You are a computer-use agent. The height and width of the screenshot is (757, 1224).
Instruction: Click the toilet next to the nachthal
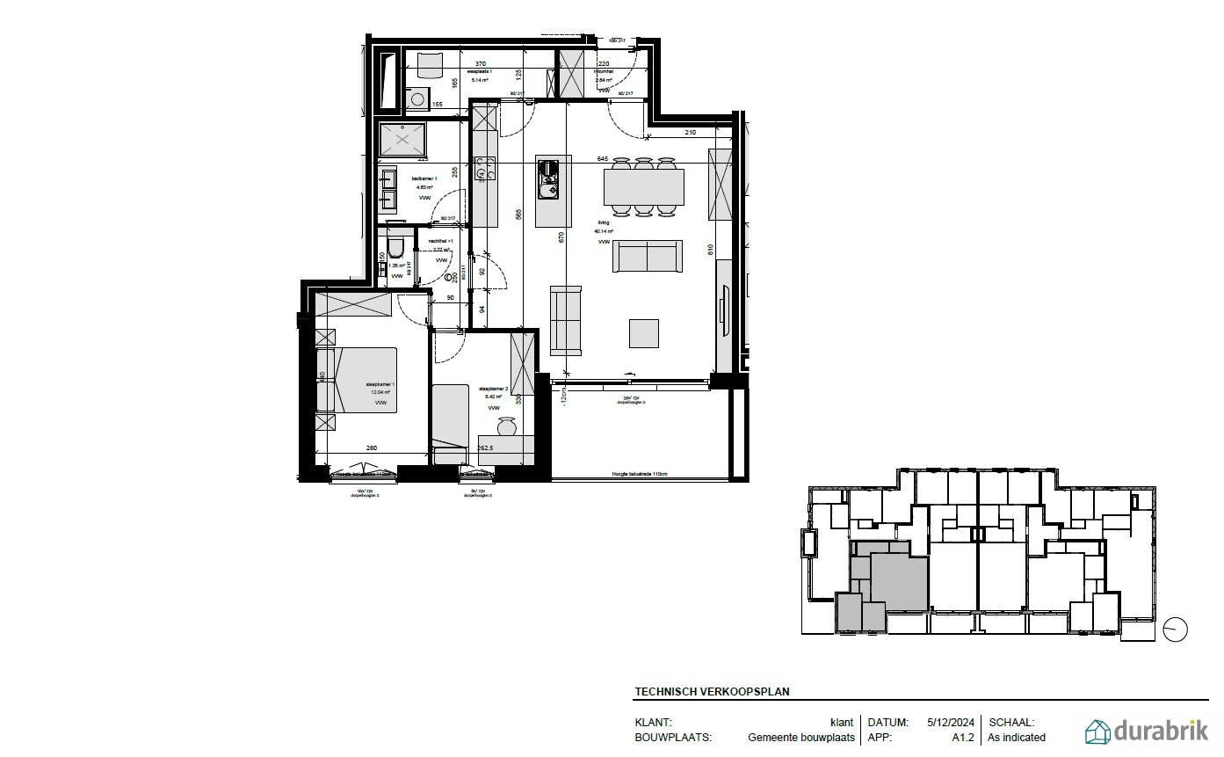coord(395,247)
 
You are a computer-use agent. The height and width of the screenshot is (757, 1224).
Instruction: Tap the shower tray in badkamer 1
coord(403,138)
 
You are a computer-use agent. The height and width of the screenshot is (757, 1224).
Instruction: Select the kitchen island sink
coord(551,187)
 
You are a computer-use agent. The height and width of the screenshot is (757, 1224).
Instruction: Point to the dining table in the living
coord(644,186)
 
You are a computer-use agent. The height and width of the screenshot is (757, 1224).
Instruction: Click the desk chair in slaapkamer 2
coord(506,427)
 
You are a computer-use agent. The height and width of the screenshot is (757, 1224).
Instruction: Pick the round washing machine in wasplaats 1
coord(419,99)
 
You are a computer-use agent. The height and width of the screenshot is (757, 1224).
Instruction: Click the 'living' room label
coord(604,223)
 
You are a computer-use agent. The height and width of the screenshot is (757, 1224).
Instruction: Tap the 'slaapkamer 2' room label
coord(492,388)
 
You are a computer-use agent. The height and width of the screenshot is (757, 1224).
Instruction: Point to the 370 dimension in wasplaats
coord(481,64)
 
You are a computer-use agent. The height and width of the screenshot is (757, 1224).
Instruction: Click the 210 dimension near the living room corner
coord(690,133)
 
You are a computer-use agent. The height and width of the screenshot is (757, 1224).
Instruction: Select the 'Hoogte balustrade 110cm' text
coord(641,474)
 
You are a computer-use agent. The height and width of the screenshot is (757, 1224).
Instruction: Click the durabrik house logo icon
coord(1097,732)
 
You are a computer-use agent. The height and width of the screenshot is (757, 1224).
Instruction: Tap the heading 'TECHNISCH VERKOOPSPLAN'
coord(712,692)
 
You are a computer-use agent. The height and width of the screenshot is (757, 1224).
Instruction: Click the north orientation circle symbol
coord(1175,630)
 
